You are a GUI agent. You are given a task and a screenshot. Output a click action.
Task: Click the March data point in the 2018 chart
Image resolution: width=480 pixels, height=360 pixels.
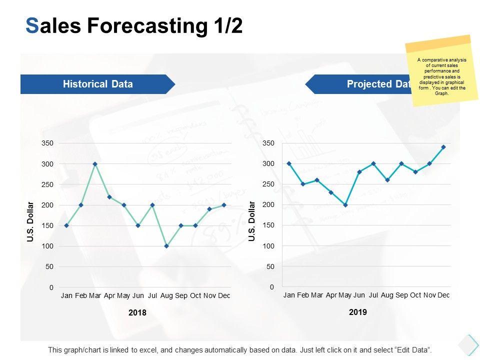pos(95,164)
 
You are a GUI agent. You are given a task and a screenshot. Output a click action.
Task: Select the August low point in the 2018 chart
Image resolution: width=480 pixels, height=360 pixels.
pos(166,246)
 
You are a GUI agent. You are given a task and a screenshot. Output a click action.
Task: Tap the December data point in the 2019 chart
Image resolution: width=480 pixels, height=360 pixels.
pos(443,147)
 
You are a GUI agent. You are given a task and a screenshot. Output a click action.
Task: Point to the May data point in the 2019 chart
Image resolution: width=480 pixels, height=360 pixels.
pos(345,205)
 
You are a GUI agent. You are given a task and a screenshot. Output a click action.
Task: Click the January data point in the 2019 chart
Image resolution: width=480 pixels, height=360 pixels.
pos(289,163)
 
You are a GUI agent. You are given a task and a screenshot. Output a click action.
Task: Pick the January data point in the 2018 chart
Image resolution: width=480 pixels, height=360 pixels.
pos(66,225)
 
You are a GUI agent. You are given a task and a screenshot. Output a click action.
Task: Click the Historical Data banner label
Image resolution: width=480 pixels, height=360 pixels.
pos(98,84)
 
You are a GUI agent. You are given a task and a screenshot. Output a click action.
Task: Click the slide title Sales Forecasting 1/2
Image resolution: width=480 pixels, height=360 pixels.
pos(134,26)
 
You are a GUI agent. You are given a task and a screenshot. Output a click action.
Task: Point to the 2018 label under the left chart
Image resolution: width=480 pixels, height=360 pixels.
pos(137,313)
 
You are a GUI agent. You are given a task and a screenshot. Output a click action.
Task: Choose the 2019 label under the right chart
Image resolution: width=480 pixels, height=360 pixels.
pos(358,312)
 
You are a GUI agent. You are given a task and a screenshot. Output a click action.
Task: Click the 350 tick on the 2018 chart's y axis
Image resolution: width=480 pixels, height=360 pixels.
pos(47,143)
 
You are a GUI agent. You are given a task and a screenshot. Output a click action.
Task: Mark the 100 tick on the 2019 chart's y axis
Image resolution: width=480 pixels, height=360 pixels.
pos(269,246)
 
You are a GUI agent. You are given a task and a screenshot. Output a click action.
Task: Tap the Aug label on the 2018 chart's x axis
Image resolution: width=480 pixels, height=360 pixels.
pos(166,295)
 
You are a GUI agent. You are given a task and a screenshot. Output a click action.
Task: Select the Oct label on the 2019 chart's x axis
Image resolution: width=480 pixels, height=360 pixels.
pos(415,295)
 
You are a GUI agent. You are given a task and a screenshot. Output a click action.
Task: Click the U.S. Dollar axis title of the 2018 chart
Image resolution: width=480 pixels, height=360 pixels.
pos(30,222)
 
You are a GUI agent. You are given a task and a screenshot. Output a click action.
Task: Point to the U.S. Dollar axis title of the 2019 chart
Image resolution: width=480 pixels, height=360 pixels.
pos(252,221)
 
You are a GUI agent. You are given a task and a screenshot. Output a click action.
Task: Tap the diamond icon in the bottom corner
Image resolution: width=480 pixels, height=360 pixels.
pos(468,344)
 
